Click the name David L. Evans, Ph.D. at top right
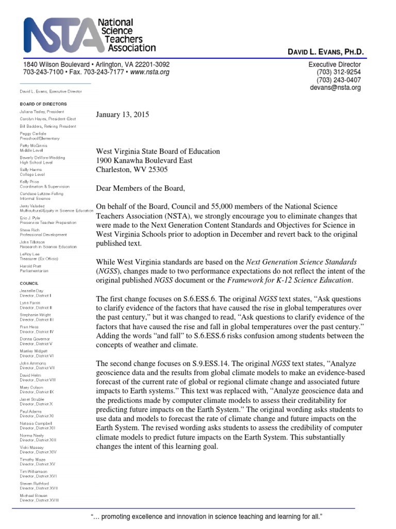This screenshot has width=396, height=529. click(x=325, y=52)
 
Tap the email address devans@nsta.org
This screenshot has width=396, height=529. click(x=335, y=88)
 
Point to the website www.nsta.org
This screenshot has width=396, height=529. click(x=150, y=72)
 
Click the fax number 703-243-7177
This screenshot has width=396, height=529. click(x=97, y=72)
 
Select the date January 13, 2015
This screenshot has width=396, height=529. click(x=123, y=115)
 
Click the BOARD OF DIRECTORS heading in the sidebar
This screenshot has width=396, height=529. click(x=41, y=104)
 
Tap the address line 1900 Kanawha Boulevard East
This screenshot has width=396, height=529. click(x=144, y=161)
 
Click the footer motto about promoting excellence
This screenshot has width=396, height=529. click(x=206, y=517)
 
